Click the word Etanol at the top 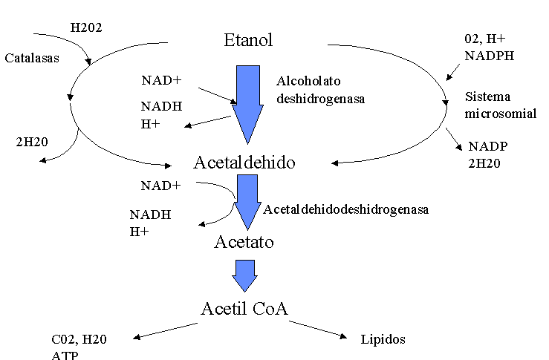pos(248,40)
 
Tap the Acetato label pos(244,241)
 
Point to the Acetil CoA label pos(244,308)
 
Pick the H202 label pos(86,28)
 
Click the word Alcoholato pos(307,80)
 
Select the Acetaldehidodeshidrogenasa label pos(346,210)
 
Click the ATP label pos(65,355)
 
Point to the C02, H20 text pos(79,340)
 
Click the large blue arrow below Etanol pos(247,104)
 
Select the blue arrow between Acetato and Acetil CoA pos(244,275)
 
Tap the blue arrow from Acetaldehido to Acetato pos(247,203)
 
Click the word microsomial pos(501,114)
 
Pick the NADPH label pos(490,55)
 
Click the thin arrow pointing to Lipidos pos(318,330)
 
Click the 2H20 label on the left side pos(31,141)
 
